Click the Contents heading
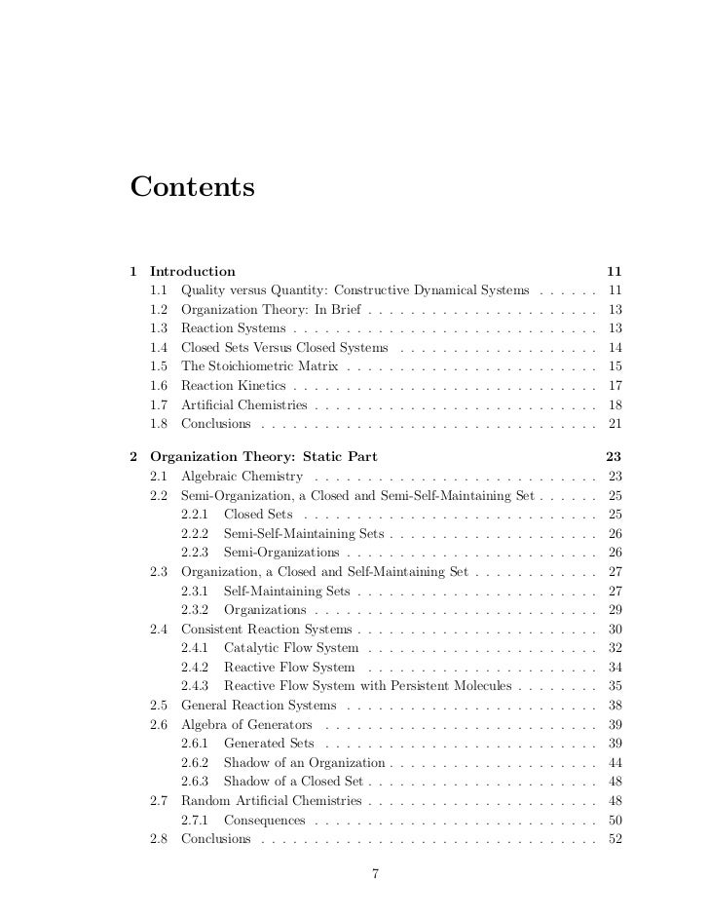click(192, 185)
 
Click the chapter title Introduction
click(192, 271)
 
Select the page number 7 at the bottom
click(375, 873)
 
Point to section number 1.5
click(161, 366)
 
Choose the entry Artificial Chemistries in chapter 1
click(243, 404)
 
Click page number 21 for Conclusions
click(614, 424)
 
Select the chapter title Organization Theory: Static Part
click(263, 456)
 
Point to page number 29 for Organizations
click(614, 609)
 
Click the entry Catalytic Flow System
click(290, 647)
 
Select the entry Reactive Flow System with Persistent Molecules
click(368, 686)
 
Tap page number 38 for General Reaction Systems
click(614, 705)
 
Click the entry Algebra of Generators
click(246, 724)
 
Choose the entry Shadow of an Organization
click(305, 762)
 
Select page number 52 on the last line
click(614, 839)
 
